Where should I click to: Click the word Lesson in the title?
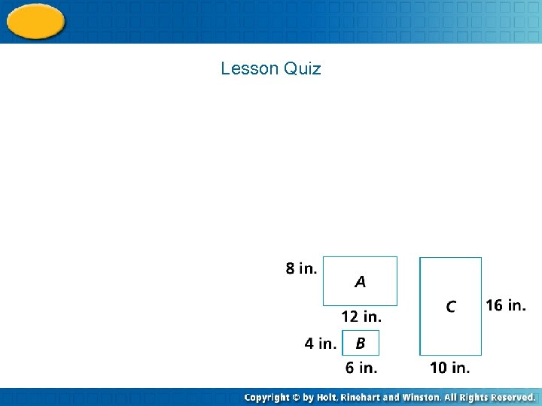pyautogui.click(x=250, y=69)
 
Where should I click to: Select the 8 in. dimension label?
pyautogui.click(x=301, y=268)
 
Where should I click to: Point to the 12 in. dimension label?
pyautogui.click(x=361, y=316)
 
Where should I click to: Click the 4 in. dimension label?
pyautogui.click(x=320, y=344)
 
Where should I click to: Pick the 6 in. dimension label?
pyautogui.click(x=361, y=368)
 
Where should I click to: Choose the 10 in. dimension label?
pyautogui.click(x=449, y=368)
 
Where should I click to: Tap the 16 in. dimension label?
pyautogui.click(x=505, y=305)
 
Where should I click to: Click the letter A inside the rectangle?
pyautogui.click(x=361, y=282)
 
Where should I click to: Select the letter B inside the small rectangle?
pyautogui.click(x=361, y=344)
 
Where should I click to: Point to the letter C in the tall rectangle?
pyautogui.click(x=450, y=307)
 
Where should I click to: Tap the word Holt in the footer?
pyautogui.click(x=326, y=397)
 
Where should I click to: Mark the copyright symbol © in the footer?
pyautogui.click(x=297, y=397)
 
